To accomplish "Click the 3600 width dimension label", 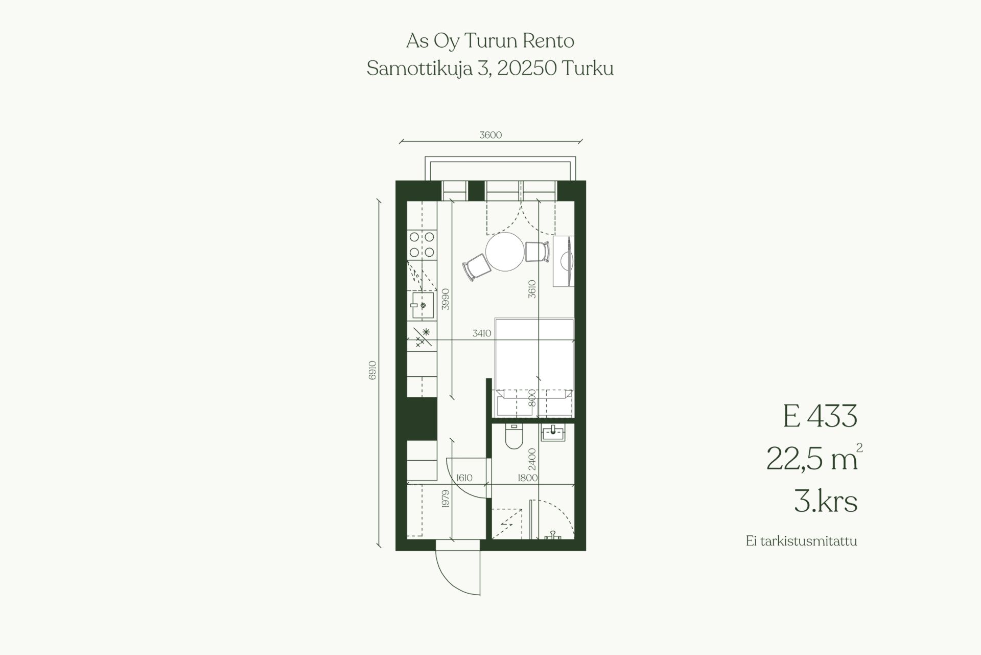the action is [491, 135].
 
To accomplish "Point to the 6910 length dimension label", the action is [372, 370].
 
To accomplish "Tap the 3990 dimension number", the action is [446, 299].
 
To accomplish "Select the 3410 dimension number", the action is [482, 333].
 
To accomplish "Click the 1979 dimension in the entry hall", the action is [445, 499].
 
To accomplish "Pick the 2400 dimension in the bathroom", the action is [532, 459].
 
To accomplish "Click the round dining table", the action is [505, 252].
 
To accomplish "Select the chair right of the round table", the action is [538, 252].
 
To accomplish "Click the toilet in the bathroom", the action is [513, 436].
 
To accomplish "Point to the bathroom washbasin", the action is [553, 433].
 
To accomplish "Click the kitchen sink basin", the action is [423, 305].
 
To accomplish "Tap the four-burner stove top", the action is [422, 244].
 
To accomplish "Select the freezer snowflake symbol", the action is [426, 332].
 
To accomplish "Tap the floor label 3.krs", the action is [825, 501].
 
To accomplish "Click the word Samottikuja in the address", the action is [420, 69].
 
